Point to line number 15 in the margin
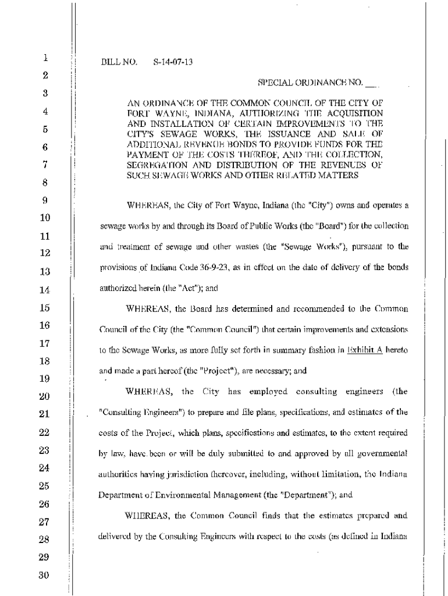[x=45, y=308]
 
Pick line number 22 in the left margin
[x=45, y=432]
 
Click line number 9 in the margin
[x=45, y=200]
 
